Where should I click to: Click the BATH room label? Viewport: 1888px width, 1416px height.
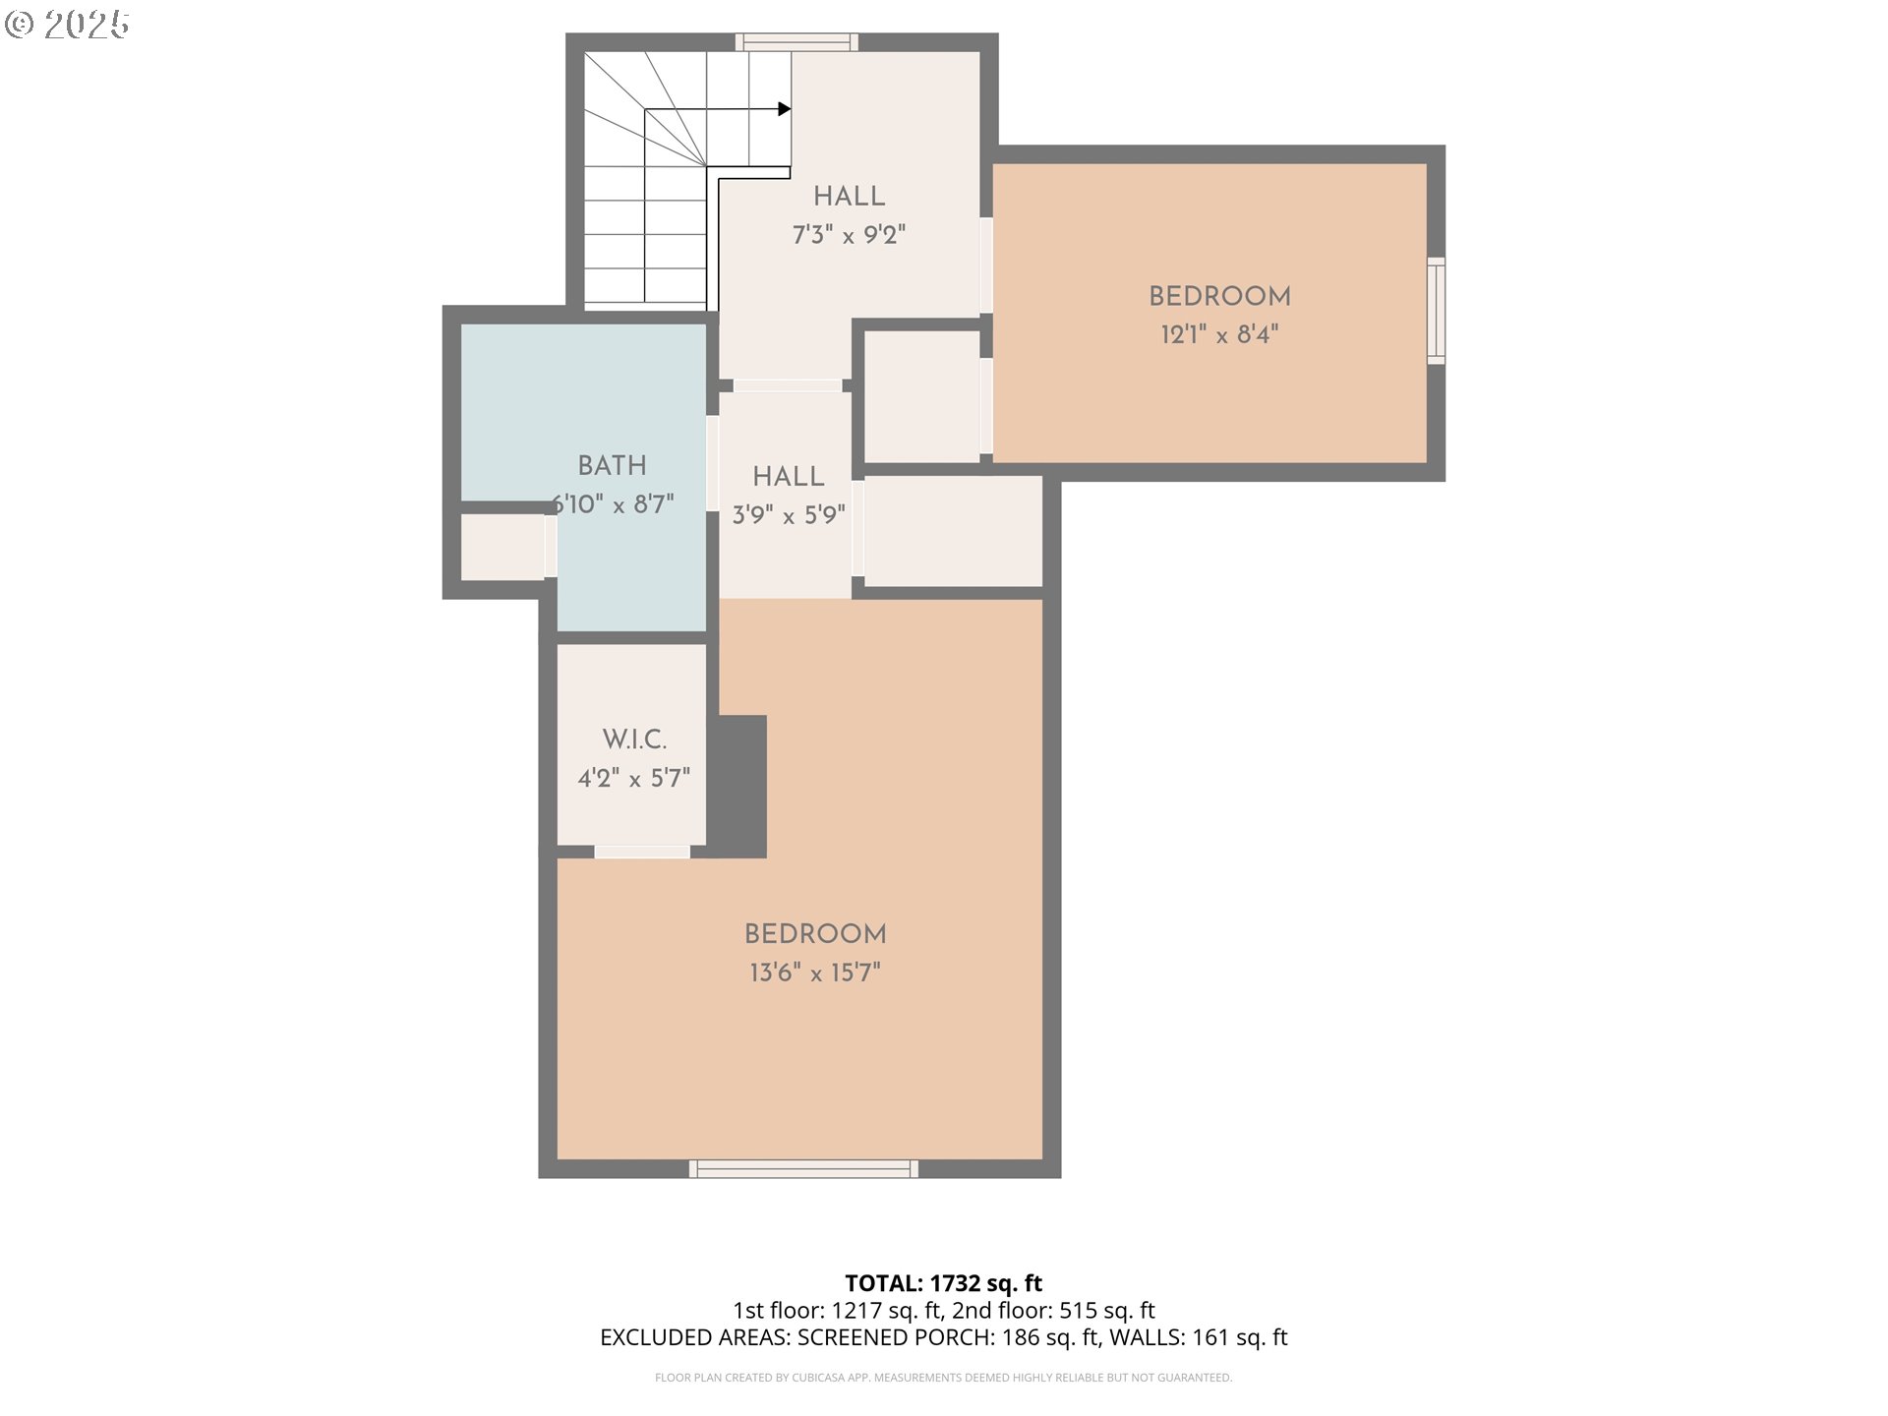click(x=612, y=465)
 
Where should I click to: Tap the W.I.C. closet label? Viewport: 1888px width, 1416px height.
click(x=634, y=739)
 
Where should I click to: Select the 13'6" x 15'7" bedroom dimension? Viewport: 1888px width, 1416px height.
click(x=815, y=973)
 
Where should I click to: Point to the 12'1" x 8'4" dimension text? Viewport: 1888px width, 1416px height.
click(x=1219, y=334)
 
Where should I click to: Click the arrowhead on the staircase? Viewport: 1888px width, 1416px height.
click(x=785, y=109)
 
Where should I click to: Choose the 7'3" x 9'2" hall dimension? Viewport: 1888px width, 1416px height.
click(x=849, y=235)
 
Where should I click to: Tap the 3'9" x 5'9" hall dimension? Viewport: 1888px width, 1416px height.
click(x=789, y=515)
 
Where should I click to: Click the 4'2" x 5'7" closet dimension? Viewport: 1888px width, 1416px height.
click(x=634, y=779)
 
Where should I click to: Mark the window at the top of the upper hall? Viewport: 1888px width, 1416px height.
click(x=797, y=42)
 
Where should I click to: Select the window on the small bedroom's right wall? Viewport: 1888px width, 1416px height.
click(x=1437, y=311)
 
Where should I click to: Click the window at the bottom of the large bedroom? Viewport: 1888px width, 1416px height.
click(x=803, y=1169)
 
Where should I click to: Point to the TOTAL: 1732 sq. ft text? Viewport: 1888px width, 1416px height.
click(x=944, y=1283)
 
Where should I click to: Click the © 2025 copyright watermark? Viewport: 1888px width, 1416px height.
click(x=67, y=25)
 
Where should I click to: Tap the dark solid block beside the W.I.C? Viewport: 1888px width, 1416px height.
click(x=737, y=787)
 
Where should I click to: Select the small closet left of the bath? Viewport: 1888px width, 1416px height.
click(x=502, y=547)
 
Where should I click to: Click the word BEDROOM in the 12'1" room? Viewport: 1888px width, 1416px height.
click(x=1219, y=296)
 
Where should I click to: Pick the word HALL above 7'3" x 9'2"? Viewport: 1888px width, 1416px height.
click(x=849, y=196)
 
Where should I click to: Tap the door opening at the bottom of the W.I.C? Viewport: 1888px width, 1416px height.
click(x=642, y=852)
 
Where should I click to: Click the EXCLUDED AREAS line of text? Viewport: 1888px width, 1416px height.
click(x=944, y=1337)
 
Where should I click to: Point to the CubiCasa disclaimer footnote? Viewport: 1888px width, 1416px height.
click(x=944, y=1378)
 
